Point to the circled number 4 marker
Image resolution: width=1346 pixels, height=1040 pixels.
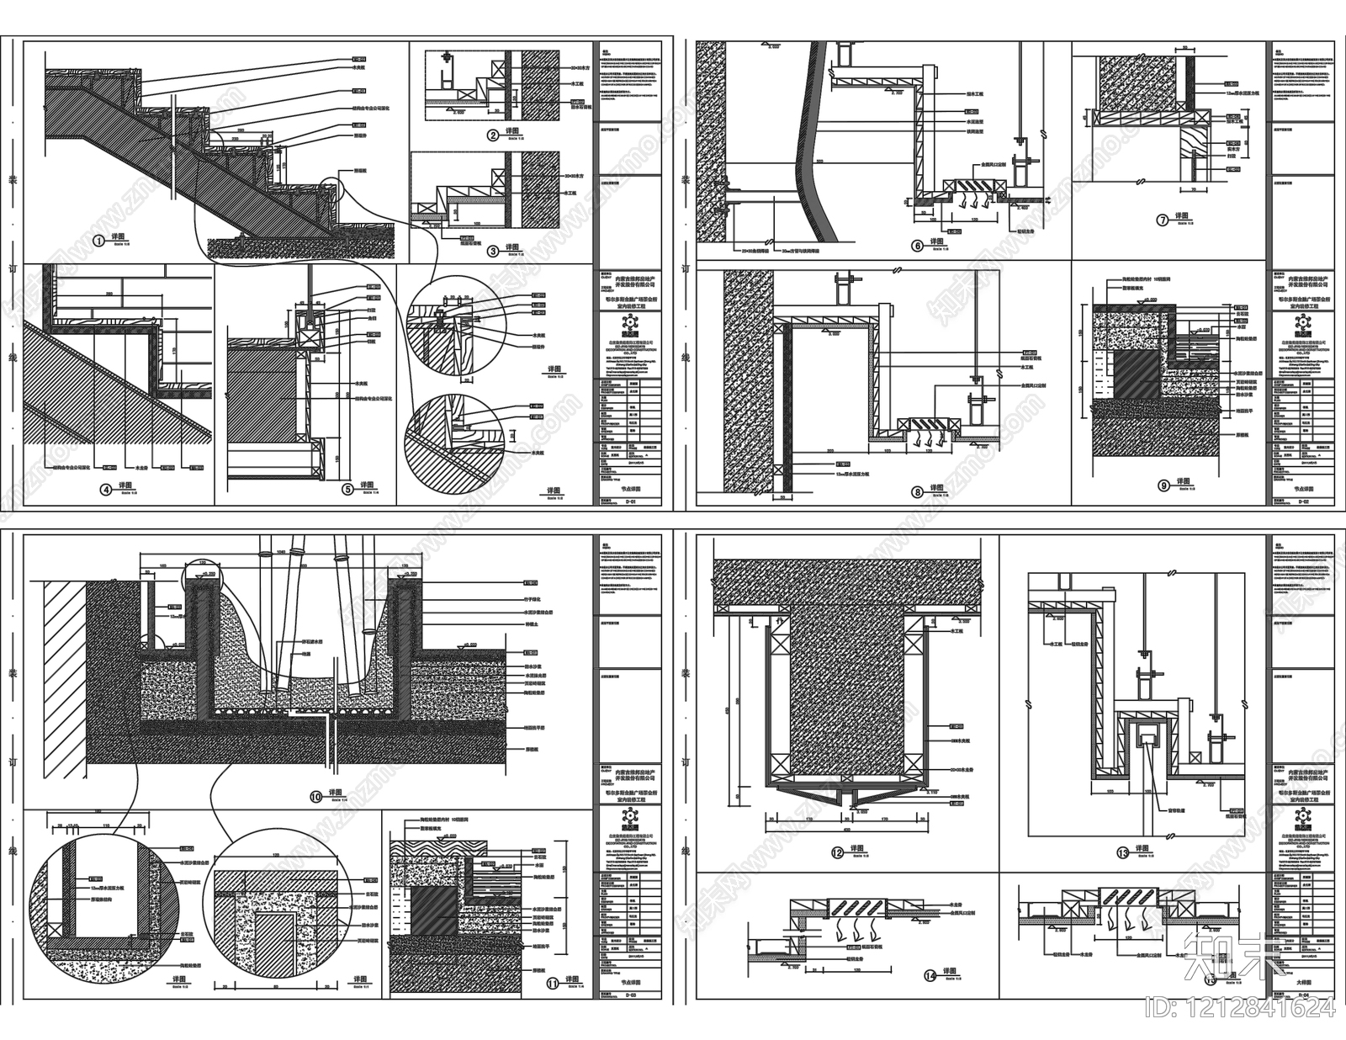point(106,487)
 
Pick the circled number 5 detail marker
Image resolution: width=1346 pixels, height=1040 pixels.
point(347,487)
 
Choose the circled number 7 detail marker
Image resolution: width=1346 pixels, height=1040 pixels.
point(1163,220)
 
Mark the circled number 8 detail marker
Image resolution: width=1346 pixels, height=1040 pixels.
point(917,491)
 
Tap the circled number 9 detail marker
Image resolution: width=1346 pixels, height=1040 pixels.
point(1164,484)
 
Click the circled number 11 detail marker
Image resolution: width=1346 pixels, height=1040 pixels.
point(552,981)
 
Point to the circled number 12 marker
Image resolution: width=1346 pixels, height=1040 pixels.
point(837,852)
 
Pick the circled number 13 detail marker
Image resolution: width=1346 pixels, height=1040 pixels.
point(1121,852)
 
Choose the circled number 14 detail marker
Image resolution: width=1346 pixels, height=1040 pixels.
point(930,976)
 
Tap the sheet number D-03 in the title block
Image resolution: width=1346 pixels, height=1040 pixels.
point(631,995)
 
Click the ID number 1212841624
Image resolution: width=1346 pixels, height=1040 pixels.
point(1238,1006)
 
